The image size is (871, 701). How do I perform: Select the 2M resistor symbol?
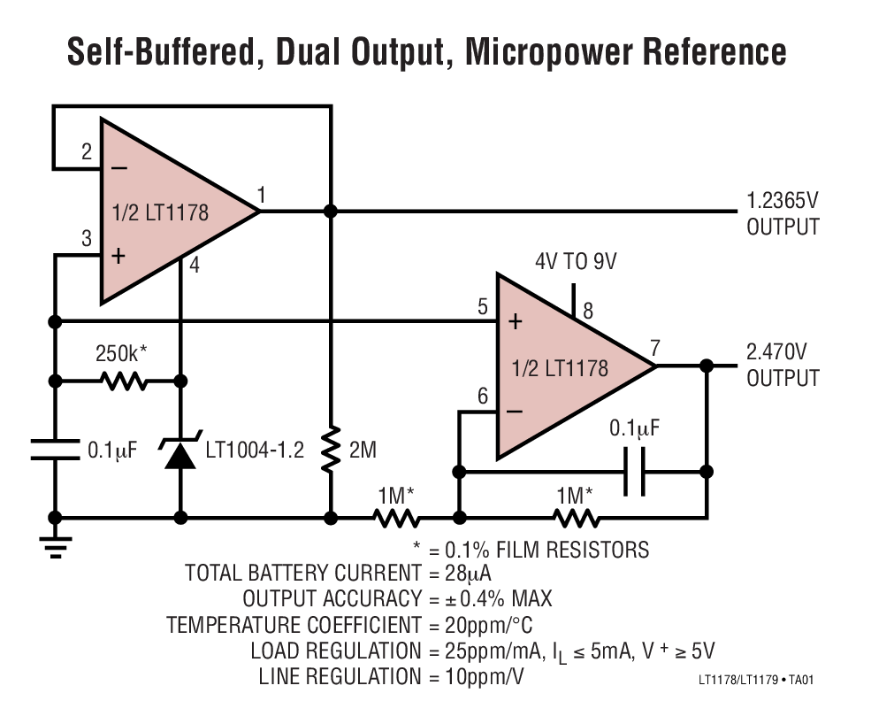coord(331,450)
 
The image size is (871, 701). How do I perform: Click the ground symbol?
coord(55,544)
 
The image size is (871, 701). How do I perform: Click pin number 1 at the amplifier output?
coord(262,195)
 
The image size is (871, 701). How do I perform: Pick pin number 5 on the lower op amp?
coord(482,308)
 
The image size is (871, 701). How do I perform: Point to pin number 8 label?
coord(588,311)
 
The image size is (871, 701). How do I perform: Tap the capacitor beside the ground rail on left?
coord(55,450)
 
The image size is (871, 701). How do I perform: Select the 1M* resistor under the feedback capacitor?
coord(576,518)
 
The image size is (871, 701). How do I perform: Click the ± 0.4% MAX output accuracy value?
coord(490,599)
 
